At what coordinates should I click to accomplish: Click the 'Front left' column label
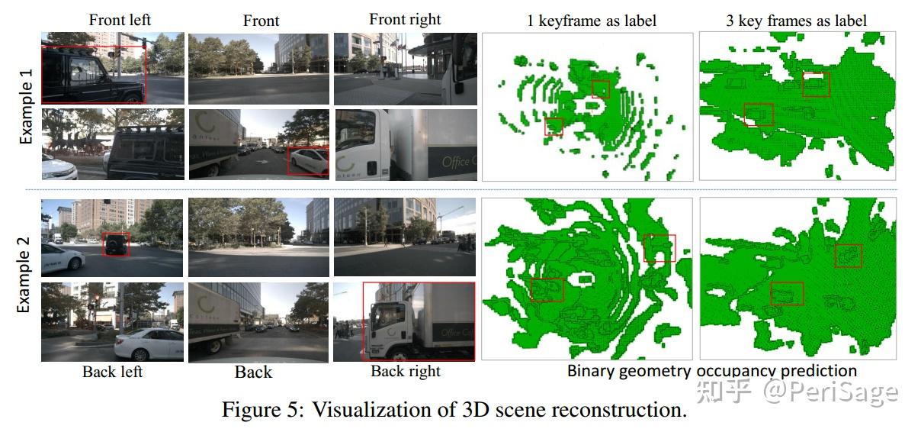[x=120, y=20]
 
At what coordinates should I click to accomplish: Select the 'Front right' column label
[x=405, y=19]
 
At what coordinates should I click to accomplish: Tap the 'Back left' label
[x=112, y=372]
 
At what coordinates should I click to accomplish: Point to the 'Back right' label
[x=406, y=372]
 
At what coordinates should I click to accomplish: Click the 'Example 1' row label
[x=25, y=106]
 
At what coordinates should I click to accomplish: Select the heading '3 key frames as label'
[x=796, y=21]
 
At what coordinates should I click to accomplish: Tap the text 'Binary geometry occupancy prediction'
[x=711, y=371]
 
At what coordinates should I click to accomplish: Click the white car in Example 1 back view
[x=307, y=161]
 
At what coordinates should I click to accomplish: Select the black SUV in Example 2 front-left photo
[x=117, y=244]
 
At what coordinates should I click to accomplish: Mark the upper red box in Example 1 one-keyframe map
[x=601, y=89]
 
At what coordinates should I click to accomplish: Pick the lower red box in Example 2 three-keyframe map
[x=787, y=294]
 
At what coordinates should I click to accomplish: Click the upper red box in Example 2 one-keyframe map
[x=659, y=248]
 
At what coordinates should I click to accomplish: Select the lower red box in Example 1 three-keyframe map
[x=759, y=115]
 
